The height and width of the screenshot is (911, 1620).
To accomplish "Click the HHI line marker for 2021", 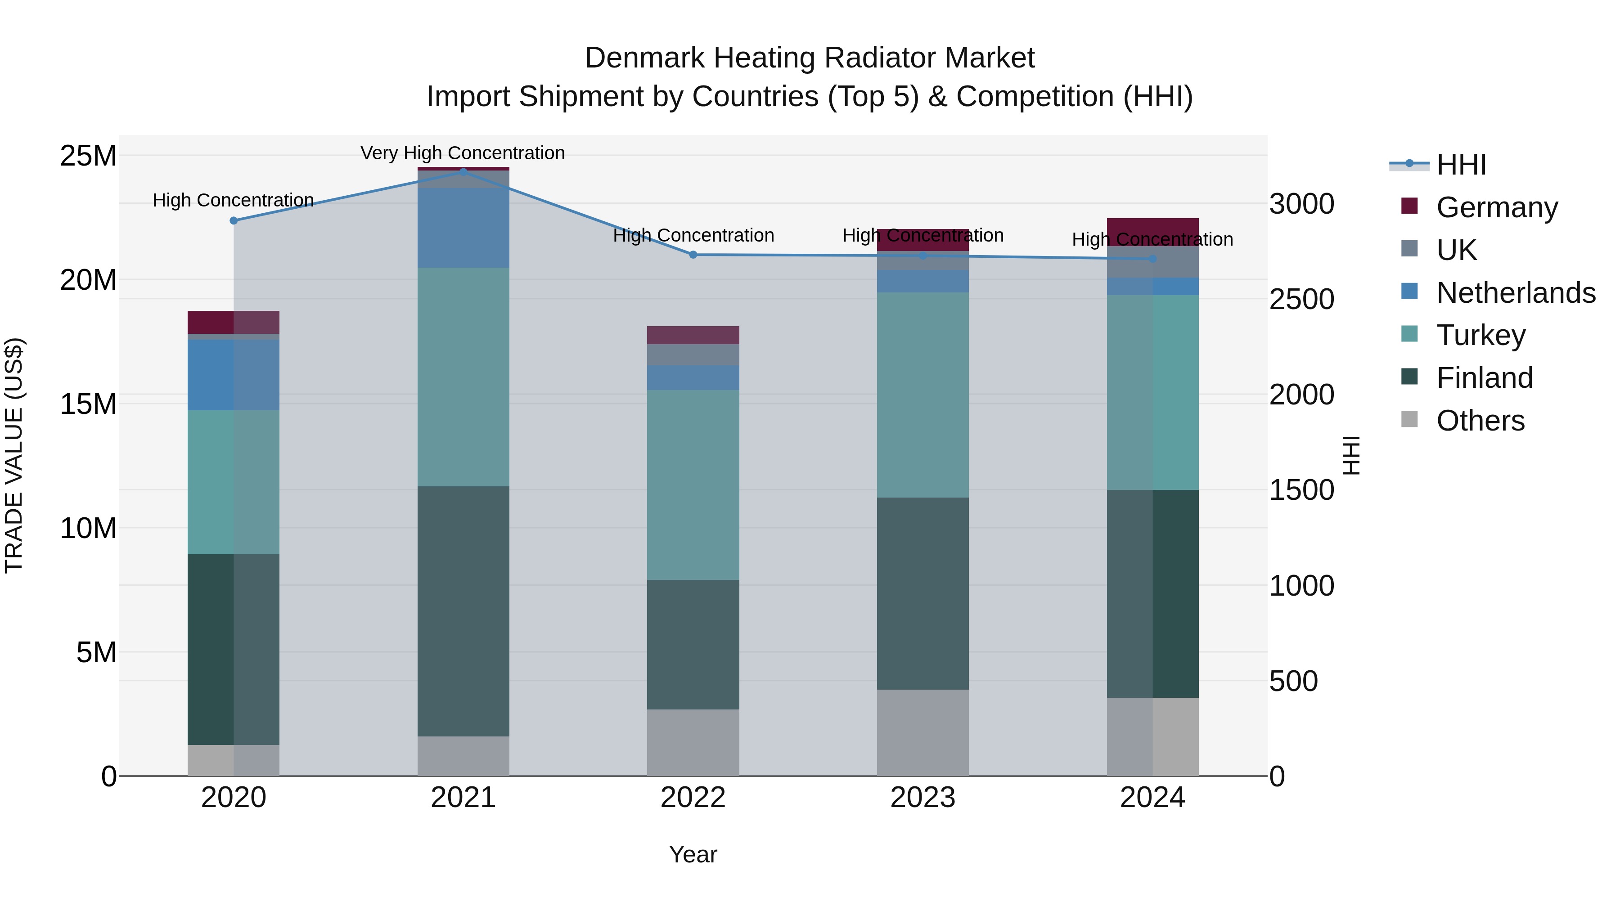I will pos(463,171).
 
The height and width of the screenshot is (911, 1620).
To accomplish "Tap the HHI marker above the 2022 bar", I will pos(693,255).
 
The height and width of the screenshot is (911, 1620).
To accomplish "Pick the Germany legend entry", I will pos(1497,207).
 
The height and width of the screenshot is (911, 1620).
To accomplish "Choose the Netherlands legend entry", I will pos(1516,293).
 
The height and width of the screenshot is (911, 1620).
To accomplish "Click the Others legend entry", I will pos(1480,421).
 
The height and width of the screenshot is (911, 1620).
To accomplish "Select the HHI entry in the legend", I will pos(1461,165).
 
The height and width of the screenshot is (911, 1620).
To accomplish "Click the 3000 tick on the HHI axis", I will pos(1301,204).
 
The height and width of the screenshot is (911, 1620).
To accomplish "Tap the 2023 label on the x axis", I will pos(922,798).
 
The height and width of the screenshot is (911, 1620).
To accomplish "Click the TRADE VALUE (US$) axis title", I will pos(14,456).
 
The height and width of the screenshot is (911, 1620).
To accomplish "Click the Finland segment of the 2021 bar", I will pos(463,611).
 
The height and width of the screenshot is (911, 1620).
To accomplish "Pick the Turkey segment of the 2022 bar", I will pos(693,485).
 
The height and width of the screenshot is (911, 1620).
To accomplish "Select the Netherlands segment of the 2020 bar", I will pos(233,375).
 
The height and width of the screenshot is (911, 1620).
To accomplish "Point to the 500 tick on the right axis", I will pos(1294,682).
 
